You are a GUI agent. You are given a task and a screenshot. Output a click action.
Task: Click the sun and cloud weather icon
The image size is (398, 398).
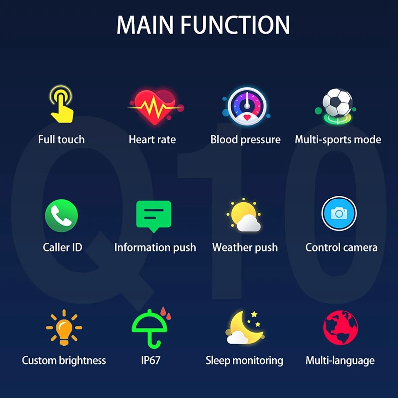[244, 216]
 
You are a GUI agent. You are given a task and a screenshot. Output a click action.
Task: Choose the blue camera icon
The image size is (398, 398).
[339, 214]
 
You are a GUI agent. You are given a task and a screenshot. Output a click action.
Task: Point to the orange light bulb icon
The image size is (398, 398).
[64, 327]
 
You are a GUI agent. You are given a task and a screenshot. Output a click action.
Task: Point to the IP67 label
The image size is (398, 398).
[151, 360]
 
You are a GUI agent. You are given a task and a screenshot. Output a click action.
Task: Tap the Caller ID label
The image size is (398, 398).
[63, 247]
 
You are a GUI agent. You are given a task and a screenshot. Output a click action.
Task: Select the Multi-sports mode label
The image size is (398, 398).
[338, 139]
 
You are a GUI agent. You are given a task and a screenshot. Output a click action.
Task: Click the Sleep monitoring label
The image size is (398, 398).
[244, 360]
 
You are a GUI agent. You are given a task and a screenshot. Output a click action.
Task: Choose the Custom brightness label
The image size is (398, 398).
[64, 360]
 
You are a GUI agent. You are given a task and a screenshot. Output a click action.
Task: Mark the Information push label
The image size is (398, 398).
[155, 247]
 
